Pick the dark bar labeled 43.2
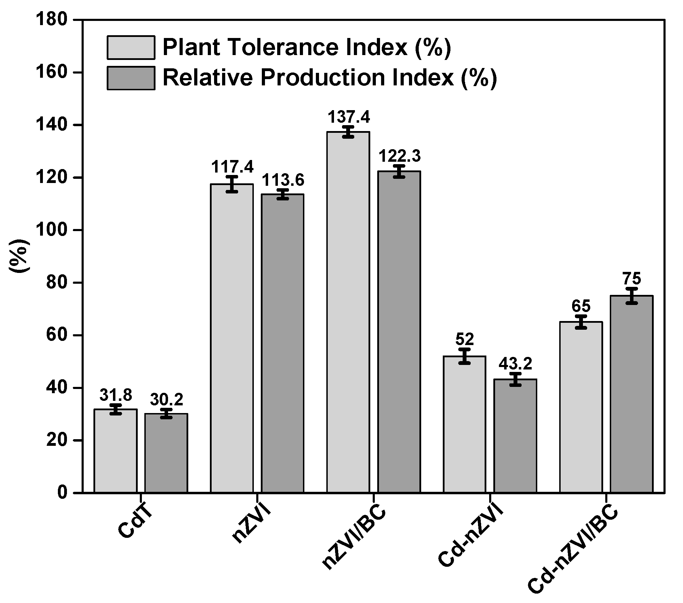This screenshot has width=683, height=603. coord(515,436)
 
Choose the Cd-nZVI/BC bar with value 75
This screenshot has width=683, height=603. coord(631,394)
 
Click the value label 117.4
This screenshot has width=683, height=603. coord(232,167)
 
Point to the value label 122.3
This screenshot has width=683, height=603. coord(400,156)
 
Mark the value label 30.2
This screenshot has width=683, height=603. coord(166,400)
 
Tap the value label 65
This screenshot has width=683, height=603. coord(581,306)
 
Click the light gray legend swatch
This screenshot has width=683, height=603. coord(131,47)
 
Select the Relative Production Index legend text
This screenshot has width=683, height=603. coord(329,78)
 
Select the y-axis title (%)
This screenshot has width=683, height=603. coord(19,256)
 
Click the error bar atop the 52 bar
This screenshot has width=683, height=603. coord(464,356)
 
